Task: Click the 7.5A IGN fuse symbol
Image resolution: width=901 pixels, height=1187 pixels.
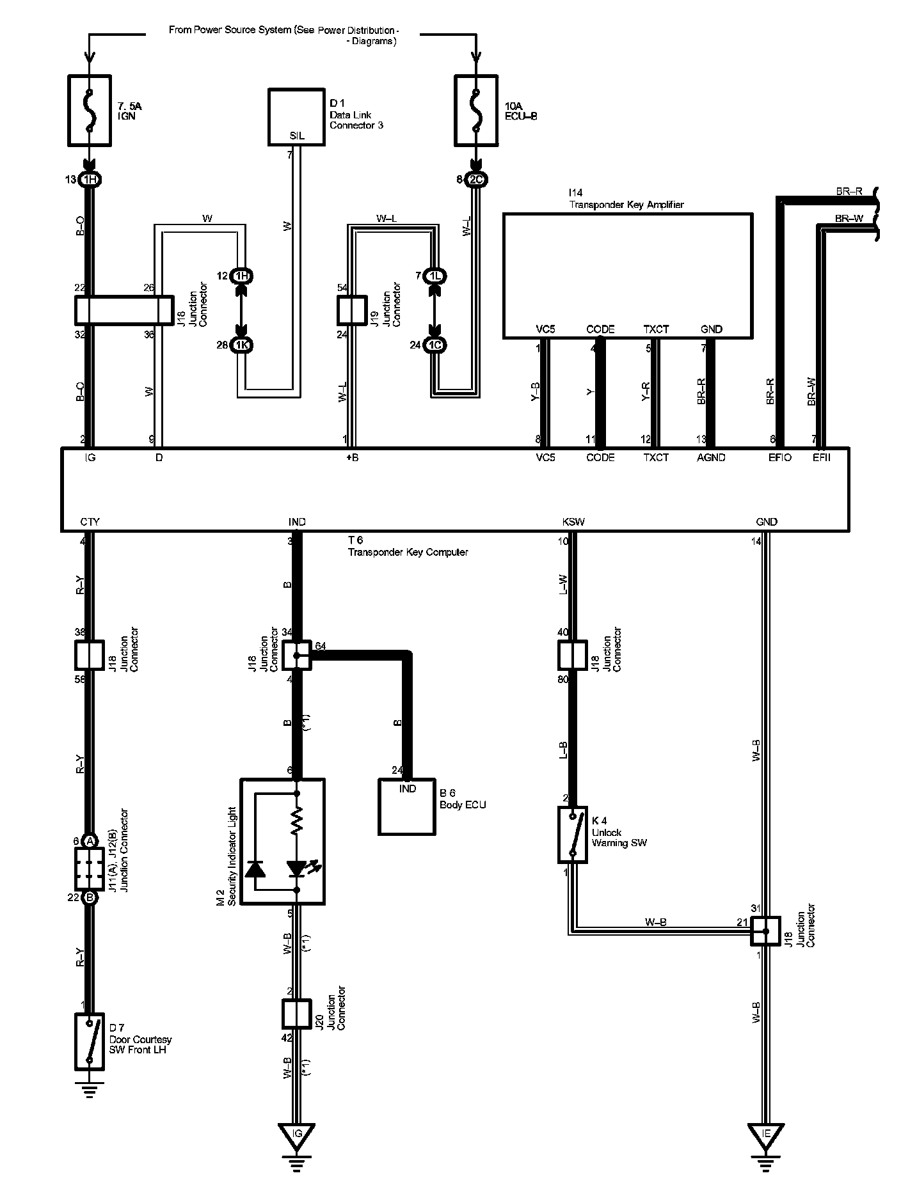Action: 90,109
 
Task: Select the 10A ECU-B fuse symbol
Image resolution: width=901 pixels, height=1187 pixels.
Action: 475,109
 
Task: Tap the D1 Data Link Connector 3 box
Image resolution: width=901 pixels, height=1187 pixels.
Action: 296,117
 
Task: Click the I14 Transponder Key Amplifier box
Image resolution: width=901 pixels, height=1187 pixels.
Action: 627,275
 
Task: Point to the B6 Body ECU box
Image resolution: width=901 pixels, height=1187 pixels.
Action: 407,806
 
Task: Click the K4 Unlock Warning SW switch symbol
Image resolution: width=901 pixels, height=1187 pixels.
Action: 572,835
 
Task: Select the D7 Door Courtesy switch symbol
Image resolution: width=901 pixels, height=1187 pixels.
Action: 90,1042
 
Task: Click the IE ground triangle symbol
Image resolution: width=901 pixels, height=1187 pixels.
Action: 766,1134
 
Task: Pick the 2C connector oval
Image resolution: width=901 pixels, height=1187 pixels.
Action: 476,180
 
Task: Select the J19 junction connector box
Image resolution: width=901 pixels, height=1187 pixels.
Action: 351,311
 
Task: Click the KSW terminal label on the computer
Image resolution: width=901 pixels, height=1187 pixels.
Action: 573,522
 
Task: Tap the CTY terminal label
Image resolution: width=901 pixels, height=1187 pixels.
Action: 90,522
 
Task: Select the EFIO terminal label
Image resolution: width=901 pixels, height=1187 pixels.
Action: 779,457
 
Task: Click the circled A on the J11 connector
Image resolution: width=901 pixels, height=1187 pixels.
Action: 90,840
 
